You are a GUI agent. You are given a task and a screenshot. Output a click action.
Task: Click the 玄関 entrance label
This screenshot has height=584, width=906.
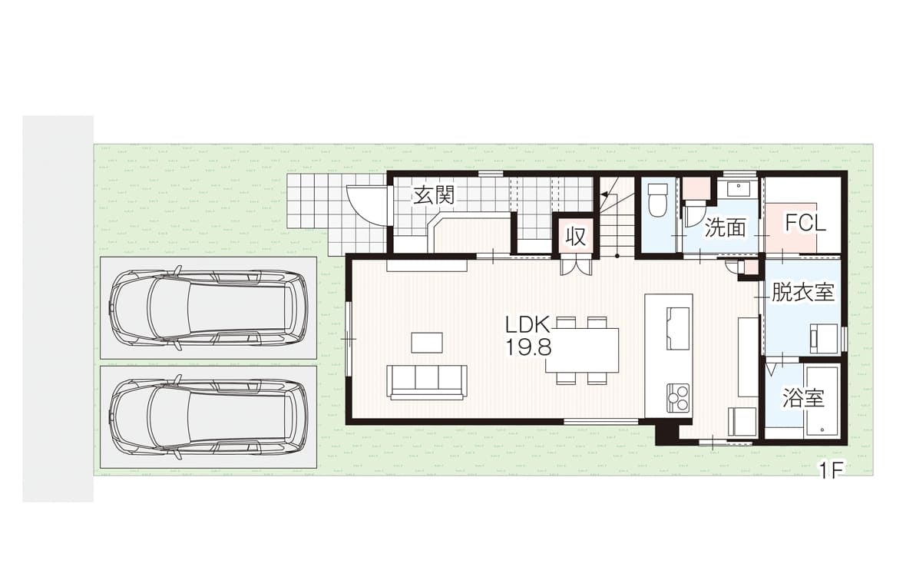pos(434,196)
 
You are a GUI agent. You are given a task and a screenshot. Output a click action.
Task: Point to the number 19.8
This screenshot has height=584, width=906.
pos(529,347)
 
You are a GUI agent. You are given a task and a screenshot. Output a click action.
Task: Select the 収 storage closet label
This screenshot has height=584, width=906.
pos(576,237)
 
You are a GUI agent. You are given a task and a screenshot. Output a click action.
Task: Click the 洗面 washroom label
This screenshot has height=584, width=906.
pos(725,227)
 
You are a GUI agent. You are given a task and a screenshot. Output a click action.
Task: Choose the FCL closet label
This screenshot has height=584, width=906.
pos(805,223)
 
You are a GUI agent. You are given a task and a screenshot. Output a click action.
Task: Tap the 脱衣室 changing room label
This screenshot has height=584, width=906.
pos(803,293)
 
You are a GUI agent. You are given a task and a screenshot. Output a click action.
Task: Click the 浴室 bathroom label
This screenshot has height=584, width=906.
pos(803,398)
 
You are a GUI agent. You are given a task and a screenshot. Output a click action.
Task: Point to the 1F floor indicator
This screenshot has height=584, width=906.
pos(830,471)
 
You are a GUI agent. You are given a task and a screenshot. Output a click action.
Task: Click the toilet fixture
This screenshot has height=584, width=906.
pos(657,200)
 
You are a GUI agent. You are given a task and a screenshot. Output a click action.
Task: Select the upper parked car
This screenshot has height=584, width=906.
pos(210,307)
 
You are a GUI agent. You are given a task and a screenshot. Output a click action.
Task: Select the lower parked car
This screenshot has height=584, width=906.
pos(210,417)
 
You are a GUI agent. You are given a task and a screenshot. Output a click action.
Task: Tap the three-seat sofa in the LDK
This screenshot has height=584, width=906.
pos(428,382)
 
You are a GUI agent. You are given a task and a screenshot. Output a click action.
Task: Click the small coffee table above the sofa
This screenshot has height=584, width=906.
pos(427,342)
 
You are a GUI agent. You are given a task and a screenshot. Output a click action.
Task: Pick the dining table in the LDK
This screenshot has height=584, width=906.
pos(583,350)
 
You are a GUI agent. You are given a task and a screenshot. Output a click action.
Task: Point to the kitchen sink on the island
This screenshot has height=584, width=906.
pos(679,329)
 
